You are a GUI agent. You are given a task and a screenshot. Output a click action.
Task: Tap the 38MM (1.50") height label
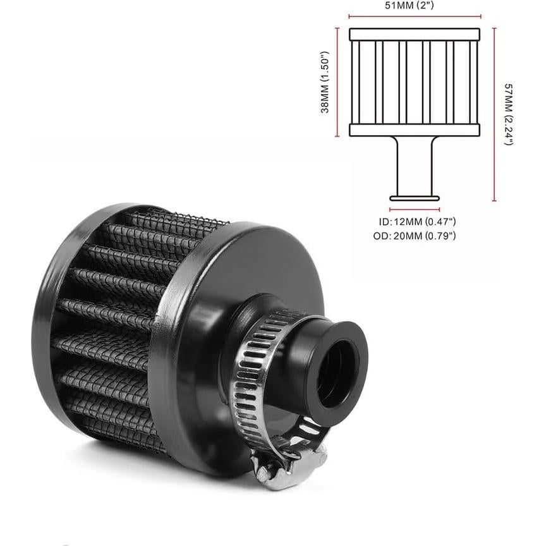pos(325,82)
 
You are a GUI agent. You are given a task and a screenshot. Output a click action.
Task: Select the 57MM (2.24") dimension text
pos(507,114)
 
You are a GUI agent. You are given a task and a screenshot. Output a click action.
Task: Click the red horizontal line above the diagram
pos(414,17)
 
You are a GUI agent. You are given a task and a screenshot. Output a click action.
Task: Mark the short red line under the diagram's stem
pos(415,209)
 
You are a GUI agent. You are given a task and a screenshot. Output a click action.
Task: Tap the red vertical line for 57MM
pos(494,114)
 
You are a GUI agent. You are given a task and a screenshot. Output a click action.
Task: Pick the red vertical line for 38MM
pos(338,82)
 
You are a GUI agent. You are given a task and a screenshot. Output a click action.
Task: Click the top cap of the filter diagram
pos(414,34)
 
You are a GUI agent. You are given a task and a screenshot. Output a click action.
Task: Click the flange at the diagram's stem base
pos(415,198)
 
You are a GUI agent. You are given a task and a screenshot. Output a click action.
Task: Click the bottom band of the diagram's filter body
pos(414,130)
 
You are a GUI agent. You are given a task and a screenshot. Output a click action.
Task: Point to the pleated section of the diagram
pos(414,82)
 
